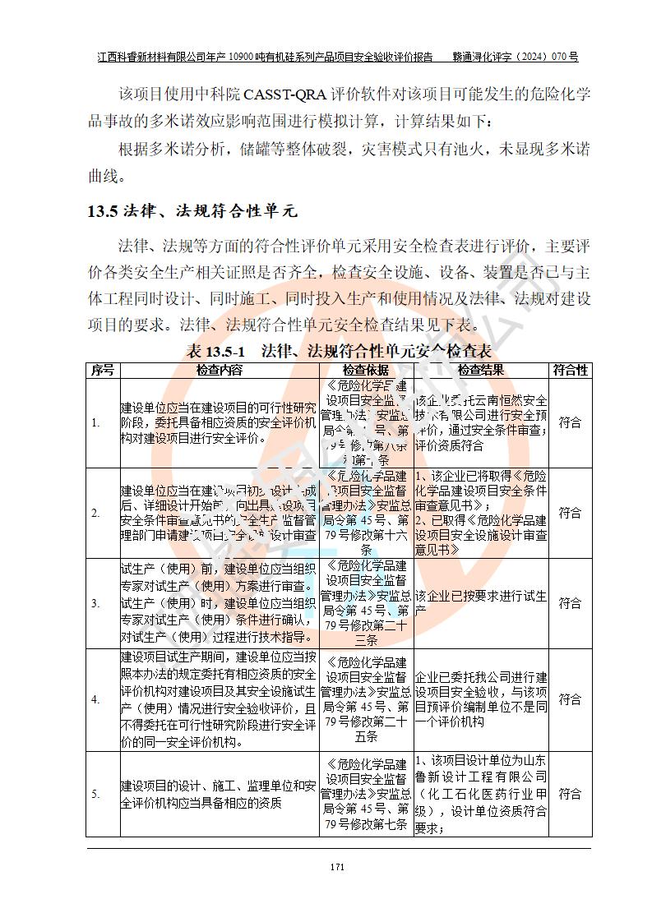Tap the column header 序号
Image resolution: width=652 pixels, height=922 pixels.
tap(103, 371)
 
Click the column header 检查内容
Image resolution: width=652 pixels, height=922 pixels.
tap(220, 371)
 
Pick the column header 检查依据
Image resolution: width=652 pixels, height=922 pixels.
tap(366, 371)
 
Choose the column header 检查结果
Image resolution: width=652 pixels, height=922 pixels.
tap(481, 371)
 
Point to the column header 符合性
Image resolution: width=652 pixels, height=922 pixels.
tap(570, 371)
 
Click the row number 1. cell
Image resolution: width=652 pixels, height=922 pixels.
tap(96, 423)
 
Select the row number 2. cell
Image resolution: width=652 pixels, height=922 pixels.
tap(96, 513)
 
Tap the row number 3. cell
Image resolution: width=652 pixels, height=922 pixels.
tap(96, 603)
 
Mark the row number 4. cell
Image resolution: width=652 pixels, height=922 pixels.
tap(96, 699)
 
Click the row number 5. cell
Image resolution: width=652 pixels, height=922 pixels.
tap(96, 794)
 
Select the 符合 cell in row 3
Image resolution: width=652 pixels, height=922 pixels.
tap(570, 603)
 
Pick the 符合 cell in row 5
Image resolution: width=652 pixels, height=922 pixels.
tap(570, 794)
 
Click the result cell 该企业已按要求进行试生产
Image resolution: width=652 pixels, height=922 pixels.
tap(481, 603)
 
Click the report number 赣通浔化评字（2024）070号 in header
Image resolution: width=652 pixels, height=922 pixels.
tap(516, 58)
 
